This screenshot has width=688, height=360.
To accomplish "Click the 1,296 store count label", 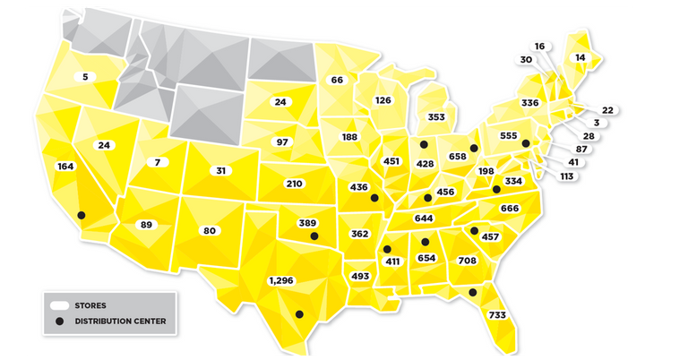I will (280, 280).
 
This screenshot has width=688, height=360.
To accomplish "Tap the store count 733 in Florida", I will (497, 315).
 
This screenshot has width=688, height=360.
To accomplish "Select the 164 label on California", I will (64, 166).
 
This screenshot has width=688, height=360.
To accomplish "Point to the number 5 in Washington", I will (85, 77).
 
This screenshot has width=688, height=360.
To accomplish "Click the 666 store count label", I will (511, 209).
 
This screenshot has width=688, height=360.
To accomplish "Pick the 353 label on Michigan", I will (436, 116).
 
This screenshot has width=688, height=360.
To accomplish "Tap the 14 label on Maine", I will (580, 57).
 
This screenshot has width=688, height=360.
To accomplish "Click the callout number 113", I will (566, 176).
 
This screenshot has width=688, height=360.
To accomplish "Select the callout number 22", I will (607, 110).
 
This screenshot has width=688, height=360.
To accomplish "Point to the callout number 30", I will (526, 60).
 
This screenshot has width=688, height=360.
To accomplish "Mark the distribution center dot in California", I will (82, 215).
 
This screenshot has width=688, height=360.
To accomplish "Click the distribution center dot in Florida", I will (472, 292).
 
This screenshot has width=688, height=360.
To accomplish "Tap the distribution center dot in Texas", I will (299, 313).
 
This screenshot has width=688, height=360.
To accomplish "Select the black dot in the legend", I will (60, 321).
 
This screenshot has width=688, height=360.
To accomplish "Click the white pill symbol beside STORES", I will (60, 305).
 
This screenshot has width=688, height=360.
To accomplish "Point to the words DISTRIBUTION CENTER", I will (120, 321).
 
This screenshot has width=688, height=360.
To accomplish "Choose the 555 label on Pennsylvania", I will (509, 136).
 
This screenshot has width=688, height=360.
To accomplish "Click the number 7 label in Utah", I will (157, 162).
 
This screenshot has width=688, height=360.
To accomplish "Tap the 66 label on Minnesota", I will (337, 80).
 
